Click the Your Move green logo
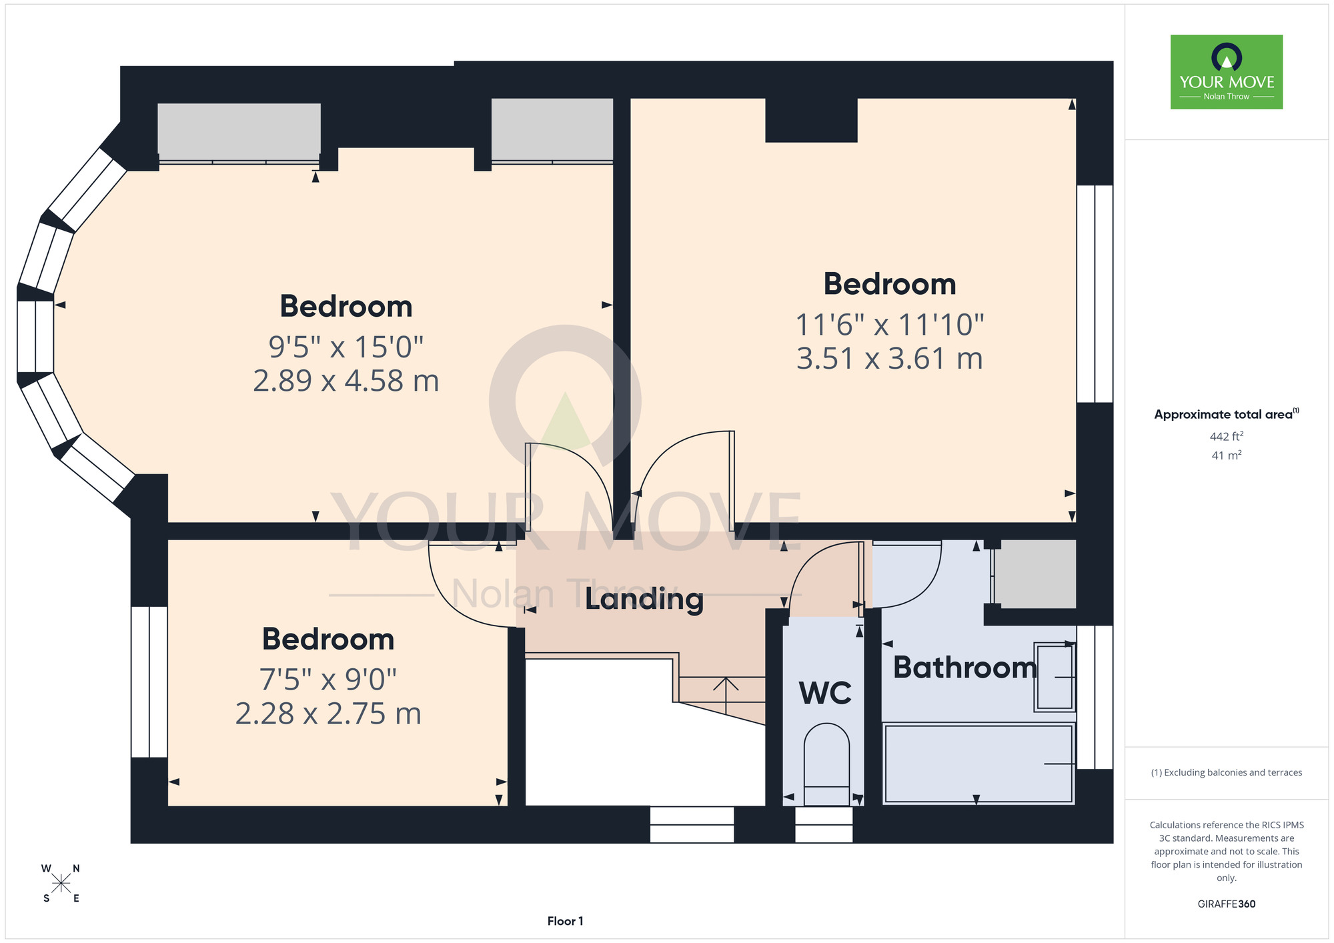pyautogui.click(x=1227, y=72)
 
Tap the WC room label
pyautogui.click(x=825, y=694)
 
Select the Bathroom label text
pyautogui.click(x=964, y=668)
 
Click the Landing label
pyautogui.click(x=644, y=599)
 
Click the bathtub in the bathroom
pyautogui.click(x=978, y=763)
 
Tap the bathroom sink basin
pyautogui.click(x=1054, y=676)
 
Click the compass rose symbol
pyautogui.click(x=61, y=884)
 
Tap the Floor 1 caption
pyautogui.click(x=565, y=921)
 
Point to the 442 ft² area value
pyautogui.click(x=1227, y=436)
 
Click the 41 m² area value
pyautogui.click(x=1227, y=455)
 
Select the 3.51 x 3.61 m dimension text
pyautogui.click(x=890, y=359)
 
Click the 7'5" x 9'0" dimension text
pyautogui.click(x=328, y=680)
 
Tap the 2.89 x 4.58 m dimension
pyautogui.click(x=346, y=381)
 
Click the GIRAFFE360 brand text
pyautogui.click(x=1227, y=904)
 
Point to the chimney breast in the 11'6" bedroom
pyautogui.click(x=811, y=120)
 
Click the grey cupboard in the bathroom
pyautogui.click(x=1036, y=574)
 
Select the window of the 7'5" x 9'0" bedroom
pyautogui.click(x=149, y=682)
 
